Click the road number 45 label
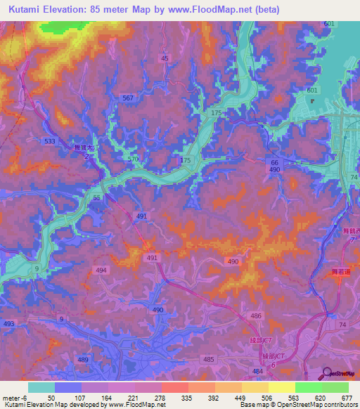point(165,58)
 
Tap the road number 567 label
point(127,98)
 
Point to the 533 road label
point(49,141)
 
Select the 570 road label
point(133,159)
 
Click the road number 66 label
point(274,162)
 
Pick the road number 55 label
point(97,199)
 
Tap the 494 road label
point(101,270)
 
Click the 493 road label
point(8,323)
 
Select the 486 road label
point(256,318)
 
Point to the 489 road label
point(84,359)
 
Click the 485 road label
point(208,359)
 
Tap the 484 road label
point(258,371)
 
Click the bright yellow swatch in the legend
point(281,387)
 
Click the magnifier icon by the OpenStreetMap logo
point(327,374)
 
